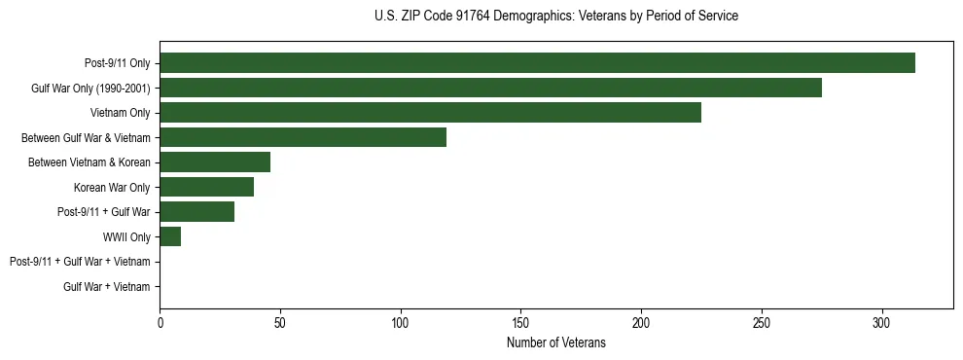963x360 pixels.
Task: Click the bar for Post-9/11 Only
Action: (x=537, y=63)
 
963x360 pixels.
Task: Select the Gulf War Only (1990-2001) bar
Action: (x=490, y=88)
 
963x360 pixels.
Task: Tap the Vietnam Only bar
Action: (x=430, y=113)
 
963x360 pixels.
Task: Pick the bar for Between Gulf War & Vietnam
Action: (x=303, y=137)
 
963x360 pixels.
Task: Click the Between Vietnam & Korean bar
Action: (x=215, y=162)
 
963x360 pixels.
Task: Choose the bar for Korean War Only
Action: (x=206, y=187)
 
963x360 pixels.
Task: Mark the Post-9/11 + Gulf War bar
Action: (x=196, y=212)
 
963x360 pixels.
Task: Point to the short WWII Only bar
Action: (x=170, y=236)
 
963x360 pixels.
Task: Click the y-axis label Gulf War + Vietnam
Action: (x=106, y=287)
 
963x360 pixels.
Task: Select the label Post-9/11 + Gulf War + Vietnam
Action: (x=80, y=262)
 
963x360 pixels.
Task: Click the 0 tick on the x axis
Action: (x=160, y=322)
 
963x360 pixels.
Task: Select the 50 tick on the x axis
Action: (x=280, y=322)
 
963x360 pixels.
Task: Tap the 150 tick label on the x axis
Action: (x=520, y=322)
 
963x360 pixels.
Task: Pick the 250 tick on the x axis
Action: (x=762, y=322)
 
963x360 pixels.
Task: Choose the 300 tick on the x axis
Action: (x=881, y=322)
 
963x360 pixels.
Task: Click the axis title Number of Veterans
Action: (x=555, y=342)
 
